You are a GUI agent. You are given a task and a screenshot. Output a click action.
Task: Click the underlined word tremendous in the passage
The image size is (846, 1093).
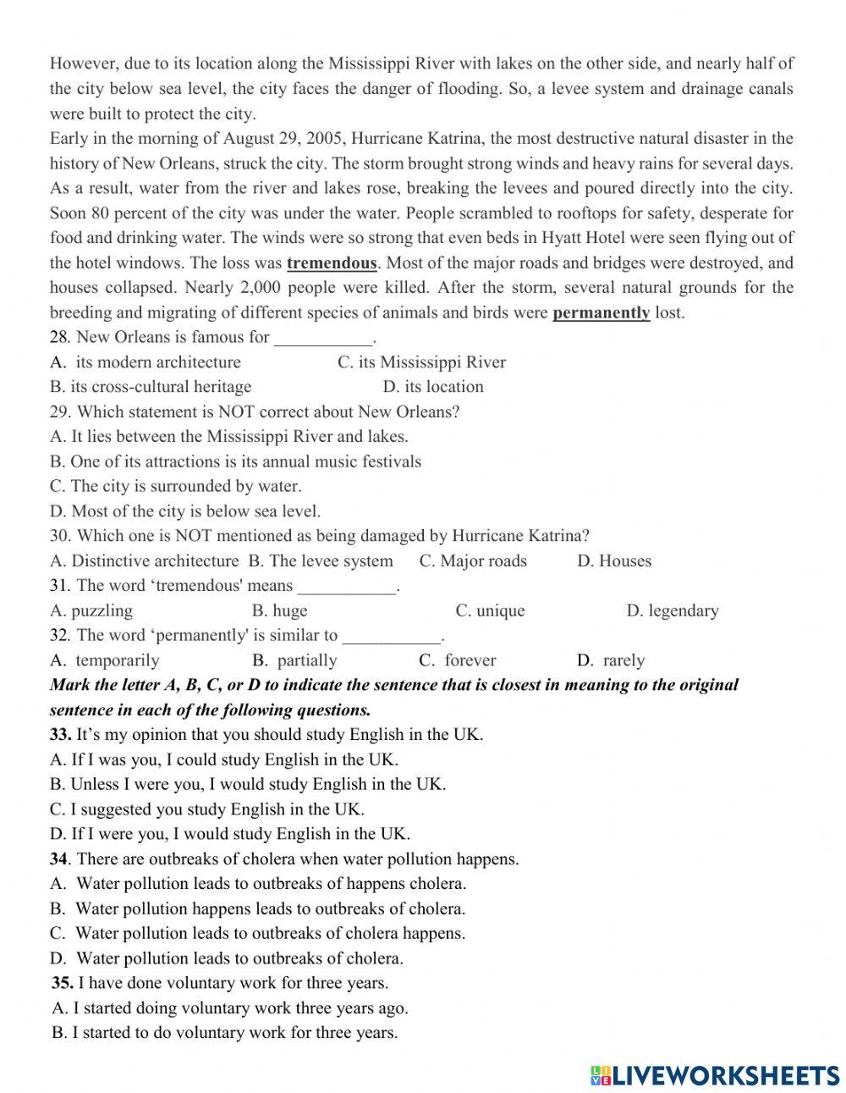tap(332, 262)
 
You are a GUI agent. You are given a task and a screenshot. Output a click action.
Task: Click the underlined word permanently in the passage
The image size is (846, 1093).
tap(601, 312)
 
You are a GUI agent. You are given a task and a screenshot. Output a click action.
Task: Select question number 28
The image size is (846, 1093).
tap(58, 337)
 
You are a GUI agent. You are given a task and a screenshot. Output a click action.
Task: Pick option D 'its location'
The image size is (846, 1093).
tap(433, 387)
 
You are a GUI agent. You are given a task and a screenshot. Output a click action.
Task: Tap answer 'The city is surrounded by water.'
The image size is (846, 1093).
tap(175, 486)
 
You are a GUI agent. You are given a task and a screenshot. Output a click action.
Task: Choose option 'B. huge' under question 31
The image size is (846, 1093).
tap(279, 610)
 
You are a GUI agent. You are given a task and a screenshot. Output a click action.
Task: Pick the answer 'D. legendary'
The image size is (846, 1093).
tap(672, 610)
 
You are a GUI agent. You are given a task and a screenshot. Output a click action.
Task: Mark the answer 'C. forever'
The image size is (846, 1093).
tap(458, 660)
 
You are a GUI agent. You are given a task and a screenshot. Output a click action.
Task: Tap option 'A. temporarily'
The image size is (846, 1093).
tap(105, 660)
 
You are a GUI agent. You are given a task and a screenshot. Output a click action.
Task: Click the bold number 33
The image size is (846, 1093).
tap(59, 734)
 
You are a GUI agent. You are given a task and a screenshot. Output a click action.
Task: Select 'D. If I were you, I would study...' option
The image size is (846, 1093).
tap(229, 833)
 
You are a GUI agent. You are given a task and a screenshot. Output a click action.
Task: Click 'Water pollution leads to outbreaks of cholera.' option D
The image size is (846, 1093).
tap(227, 958)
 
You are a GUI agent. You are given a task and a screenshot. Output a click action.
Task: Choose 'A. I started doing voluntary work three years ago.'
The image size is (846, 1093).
tap(229, 1007)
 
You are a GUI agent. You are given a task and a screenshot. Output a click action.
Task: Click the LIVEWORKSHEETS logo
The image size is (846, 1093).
tap(714, 1074)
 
